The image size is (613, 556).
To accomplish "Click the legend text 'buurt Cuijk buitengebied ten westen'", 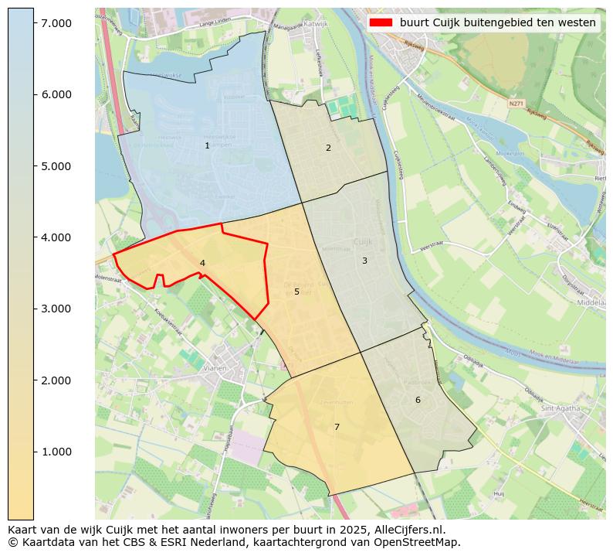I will pos(496,22).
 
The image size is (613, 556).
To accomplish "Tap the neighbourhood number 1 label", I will pos(207,146).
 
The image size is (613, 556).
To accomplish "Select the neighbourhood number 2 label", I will pos(328,148).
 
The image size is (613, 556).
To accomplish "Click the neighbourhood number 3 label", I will pos(364,261).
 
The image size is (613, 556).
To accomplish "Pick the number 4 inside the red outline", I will pos(202,264).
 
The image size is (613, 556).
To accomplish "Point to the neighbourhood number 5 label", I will pos(296,292).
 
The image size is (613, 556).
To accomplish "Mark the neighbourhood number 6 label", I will pos(418,400).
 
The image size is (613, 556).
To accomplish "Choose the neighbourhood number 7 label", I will pos(337,427).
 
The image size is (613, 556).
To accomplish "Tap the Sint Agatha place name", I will pos(561,408).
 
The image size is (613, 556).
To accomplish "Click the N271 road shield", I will pos(516,102).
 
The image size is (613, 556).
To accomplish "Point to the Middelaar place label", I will pos(593,303).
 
